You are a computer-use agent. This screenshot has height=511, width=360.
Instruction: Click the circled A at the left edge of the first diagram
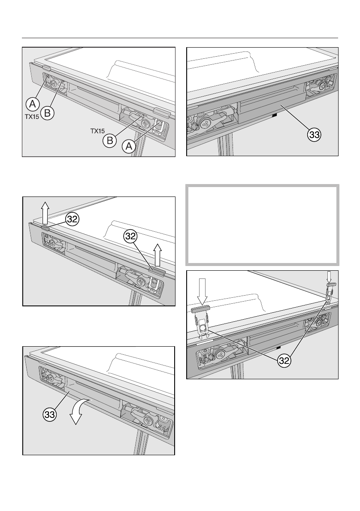click(32, 103)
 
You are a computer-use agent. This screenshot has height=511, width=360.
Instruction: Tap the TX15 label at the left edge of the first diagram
click(31, 115)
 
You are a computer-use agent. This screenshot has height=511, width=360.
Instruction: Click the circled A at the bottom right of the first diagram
click(128, 147)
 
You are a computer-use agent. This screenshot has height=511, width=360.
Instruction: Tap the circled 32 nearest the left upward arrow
click(72, 219)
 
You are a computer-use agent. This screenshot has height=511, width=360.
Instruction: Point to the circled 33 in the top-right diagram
click(315, 135)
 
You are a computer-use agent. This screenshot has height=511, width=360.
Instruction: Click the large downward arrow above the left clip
click(203, 291)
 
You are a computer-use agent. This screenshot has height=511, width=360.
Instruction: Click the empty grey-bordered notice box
click(262, 225)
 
